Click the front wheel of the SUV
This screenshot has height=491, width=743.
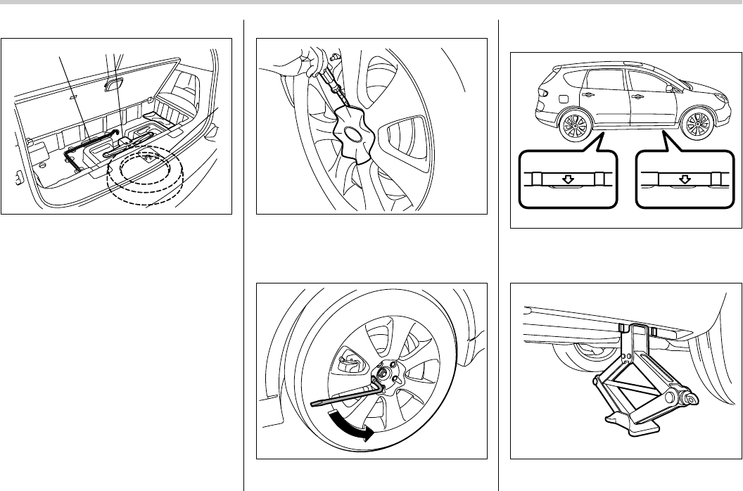coord(698,125)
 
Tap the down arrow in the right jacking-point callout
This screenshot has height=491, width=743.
coord(682,180)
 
